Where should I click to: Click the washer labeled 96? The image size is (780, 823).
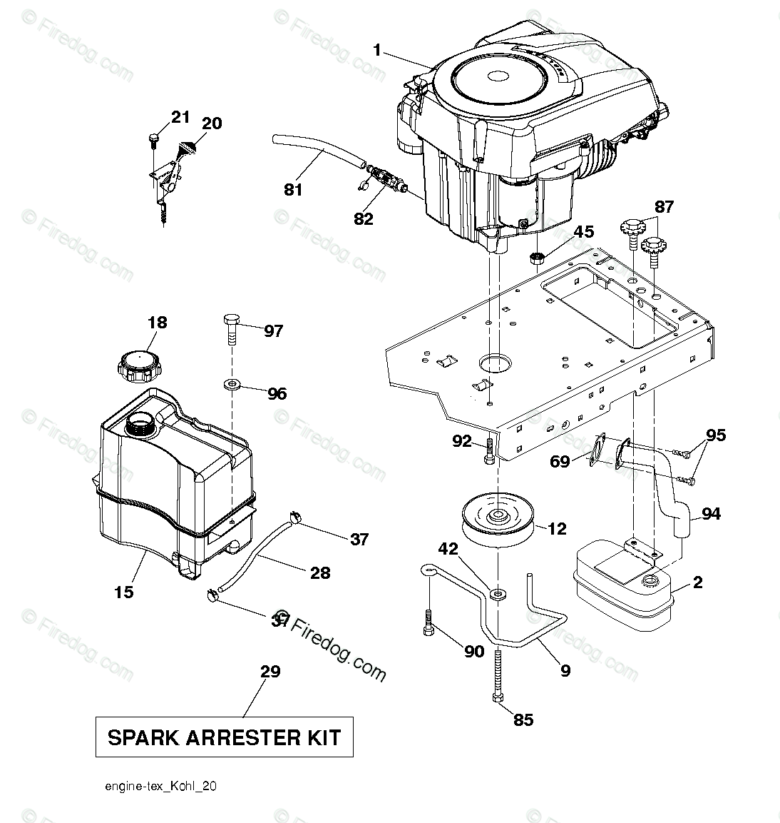tap(232, 385)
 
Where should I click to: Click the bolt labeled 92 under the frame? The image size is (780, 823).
tap(489, 452)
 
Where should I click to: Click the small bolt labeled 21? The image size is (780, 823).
tap(153, 138)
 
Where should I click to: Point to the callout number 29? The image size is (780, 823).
tap(270, 671)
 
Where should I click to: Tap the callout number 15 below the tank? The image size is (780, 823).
tap(124, 591)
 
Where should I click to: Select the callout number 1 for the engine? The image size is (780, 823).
tap(377, 50)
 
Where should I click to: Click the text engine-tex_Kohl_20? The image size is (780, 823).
tap(160, 786)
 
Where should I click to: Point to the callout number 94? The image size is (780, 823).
tap(711, 513)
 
